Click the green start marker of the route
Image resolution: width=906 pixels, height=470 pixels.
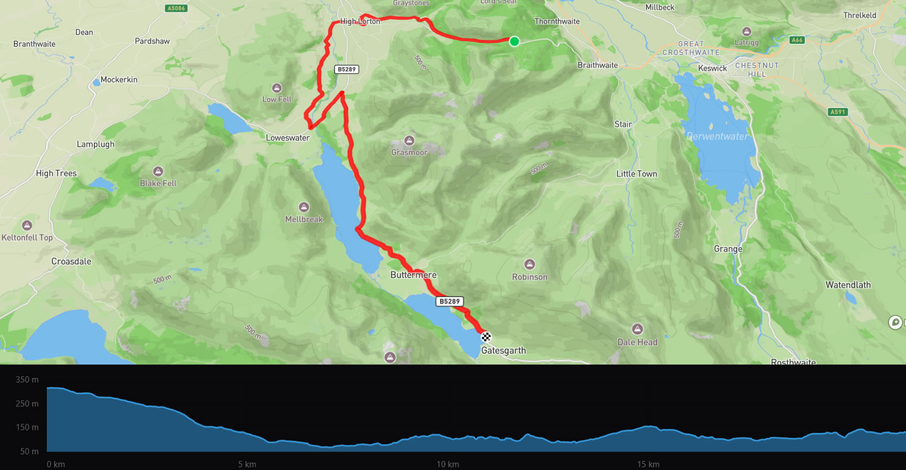tap(514, 41)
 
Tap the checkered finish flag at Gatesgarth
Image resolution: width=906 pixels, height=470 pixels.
tap(486, 337)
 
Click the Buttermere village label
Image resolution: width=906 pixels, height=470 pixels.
tap(413, 275)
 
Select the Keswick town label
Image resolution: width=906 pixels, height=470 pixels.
tap(712, 68)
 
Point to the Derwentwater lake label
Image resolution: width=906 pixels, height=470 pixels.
tap(717, 137)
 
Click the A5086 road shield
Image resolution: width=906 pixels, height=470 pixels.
tap(176, 8)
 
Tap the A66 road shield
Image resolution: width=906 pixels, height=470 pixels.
tap(797, 40)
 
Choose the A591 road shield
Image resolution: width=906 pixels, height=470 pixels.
tap(838, 112)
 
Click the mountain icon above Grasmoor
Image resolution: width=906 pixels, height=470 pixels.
tap(409, 140)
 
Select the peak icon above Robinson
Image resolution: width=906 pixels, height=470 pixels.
tap(529, 264)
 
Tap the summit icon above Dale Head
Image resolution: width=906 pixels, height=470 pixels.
tap(637, 329)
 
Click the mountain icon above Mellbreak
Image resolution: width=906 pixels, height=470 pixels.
tap(304, 207)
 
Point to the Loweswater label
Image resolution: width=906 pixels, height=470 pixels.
tap(288, 138)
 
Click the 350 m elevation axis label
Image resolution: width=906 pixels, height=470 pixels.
tap(27, 380)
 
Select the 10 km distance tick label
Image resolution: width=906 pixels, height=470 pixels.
tap(448, 464)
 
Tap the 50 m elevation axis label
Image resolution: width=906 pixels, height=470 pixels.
tap(29, 451)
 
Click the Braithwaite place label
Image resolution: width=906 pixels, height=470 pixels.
tap(597, 65)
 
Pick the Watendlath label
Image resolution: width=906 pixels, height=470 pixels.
tap(848, 285)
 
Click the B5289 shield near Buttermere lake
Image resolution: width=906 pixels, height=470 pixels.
tap(450, 301)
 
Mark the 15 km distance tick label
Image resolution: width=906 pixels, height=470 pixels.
tap(648, 464)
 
